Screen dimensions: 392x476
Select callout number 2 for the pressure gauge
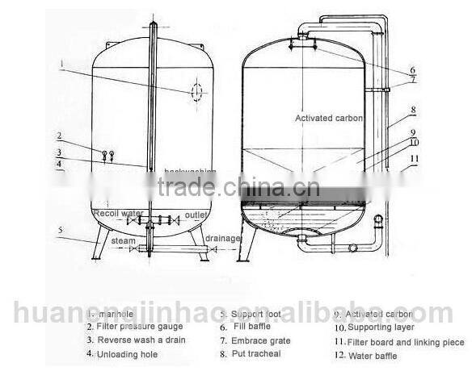coord(58,136)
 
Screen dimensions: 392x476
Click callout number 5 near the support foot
coord(59,230)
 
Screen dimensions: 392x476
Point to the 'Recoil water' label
coord(116,214)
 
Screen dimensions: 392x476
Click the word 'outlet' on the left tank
coord(196,215)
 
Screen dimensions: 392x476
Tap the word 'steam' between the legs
coord(123,240)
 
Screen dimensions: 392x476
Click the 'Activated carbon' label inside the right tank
coord(328,119)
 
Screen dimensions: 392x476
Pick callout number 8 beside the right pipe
coord(412,110)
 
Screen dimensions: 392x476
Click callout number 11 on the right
coord(415,158)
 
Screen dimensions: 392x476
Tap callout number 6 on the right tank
coord(412,70)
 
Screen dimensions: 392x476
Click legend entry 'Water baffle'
coord(373,356)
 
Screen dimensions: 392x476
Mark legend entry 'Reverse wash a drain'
coord(135,340)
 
